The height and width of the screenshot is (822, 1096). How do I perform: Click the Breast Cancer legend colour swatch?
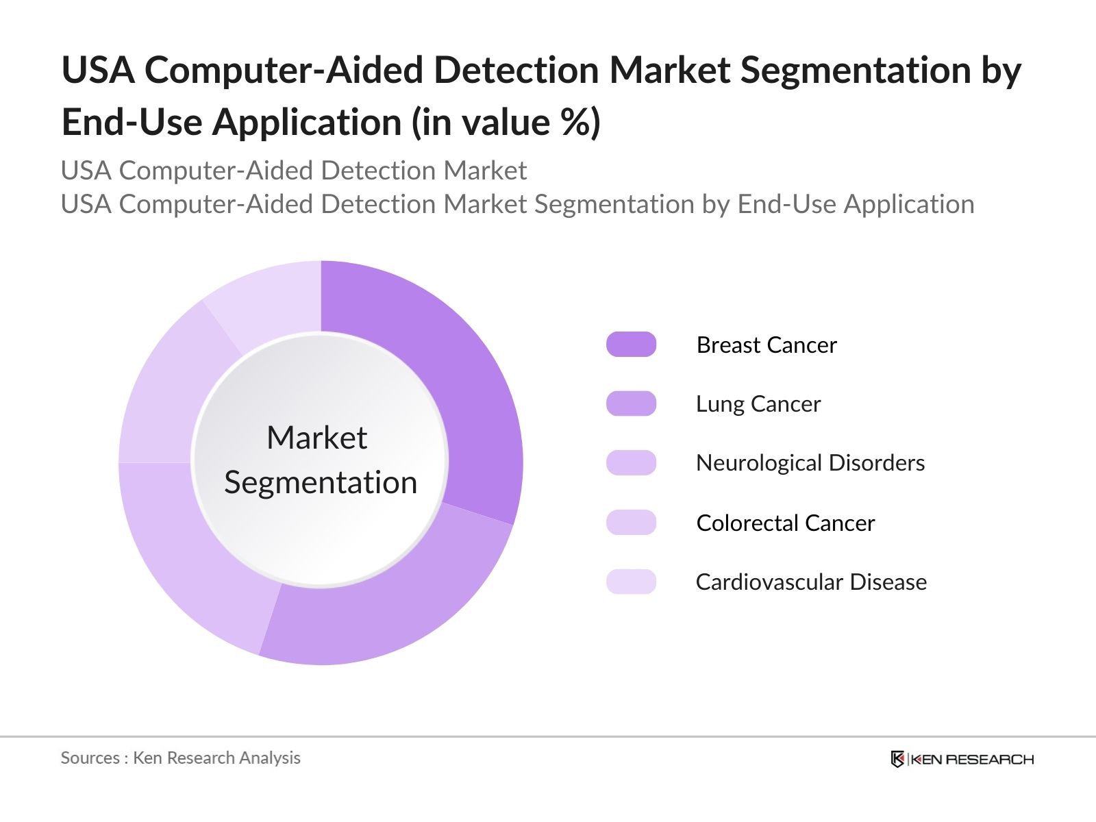pos(631,345)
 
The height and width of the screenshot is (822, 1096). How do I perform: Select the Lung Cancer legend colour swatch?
pos(631,403)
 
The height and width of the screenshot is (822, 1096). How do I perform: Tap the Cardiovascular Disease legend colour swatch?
pos(631,582)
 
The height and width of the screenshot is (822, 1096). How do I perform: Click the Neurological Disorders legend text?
pos(810,463)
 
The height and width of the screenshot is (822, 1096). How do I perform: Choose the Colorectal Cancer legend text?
pos(785,523)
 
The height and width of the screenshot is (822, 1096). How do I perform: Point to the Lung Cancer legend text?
pos(758,404)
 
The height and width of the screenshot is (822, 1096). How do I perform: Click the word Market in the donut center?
pos(316,438)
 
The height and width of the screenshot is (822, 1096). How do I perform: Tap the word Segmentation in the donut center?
pos(321,482)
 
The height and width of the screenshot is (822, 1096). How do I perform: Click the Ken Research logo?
pos(962,759)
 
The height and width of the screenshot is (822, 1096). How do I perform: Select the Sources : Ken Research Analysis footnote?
pos(180,758)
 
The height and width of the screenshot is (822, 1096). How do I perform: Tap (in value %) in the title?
pos(506,123)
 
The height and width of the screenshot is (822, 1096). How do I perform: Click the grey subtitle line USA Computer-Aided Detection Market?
pos(293,171)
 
